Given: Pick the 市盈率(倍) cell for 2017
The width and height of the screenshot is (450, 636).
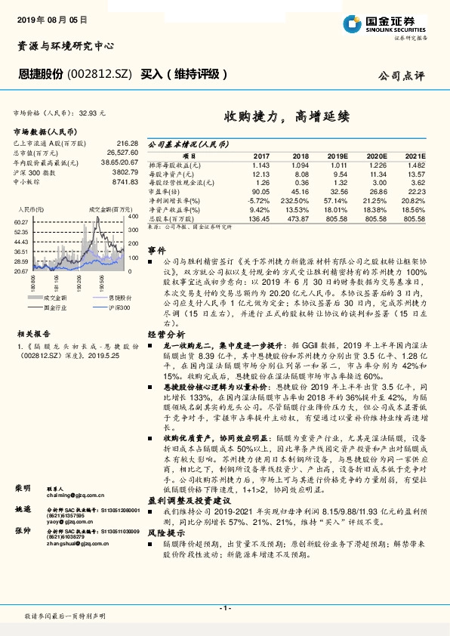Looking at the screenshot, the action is click(x=258, y=192).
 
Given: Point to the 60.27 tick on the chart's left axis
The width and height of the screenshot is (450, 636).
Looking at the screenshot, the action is click(x=20, y=221).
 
